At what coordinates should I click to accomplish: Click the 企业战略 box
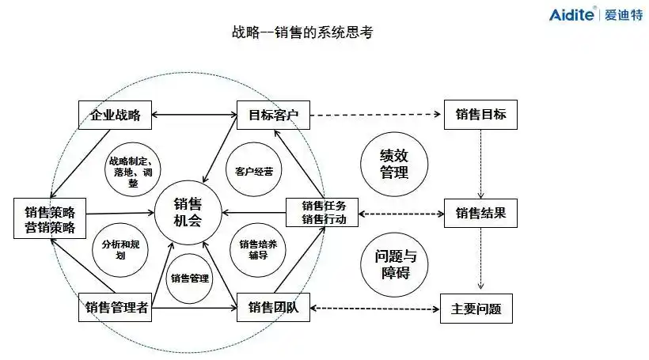click(x=115, y=116)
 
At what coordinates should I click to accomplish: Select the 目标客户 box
click(x=273, y=116)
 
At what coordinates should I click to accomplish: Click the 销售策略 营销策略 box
click(x=50, y=219)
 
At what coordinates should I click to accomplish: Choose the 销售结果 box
click(x=480, y=214)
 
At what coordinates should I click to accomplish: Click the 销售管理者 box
click(x=116, y=308)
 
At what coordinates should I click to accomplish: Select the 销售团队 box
click(x=273, y=308)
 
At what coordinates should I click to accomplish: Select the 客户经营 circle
click(x=254, y=171)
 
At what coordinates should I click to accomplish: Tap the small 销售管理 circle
click(x=189, y=279)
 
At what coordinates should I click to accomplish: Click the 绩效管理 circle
click(x=394, y=163)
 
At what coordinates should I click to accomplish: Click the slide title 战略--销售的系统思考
click(x=302, y=32)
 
